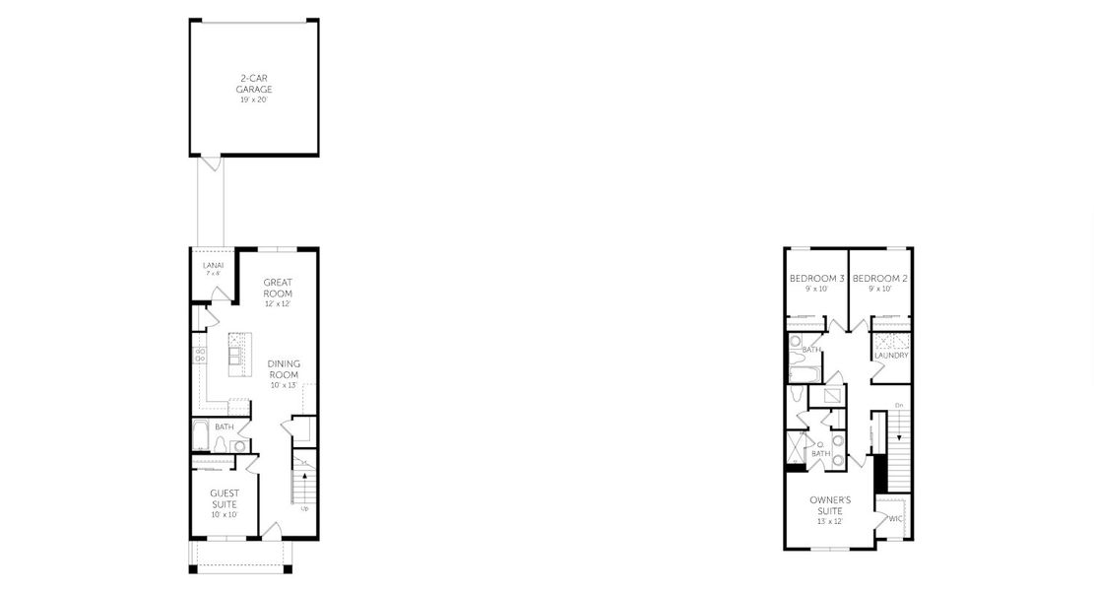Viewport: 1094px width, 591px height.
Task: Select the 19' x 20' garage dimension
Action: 254,100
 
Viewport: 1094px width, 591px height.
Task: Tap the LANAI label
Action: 213,266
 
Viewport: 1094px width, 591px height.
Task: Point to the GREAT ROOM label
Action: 278,288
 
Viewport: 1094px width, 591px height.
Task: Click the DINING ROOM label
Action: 284,369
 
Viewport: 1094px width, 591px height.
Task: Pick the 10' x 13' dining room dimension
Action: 284,385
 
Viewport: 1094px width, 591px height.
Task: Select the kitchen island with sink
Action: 237,356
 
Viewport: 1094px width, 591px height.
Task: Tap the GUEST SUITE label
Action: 224,497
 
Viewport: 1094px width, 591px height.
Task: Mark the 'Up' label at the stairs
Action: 304,509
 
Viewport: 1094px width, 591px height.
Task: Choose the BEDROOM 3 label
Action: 817,279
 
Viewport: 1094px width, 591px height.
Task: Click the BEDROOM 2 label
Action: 879,279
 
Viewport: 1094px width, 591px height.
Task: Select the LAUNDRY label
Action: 890,356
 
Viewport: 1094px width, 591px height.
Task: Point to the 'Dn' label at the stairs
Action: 898,405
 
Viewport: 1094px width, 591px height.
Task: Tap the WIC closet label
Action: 895,518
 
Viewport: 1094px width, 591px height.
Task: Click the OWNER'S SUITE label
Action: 830,505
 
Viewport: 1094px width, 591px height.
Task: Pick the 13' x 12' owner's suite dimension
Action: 830,521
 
